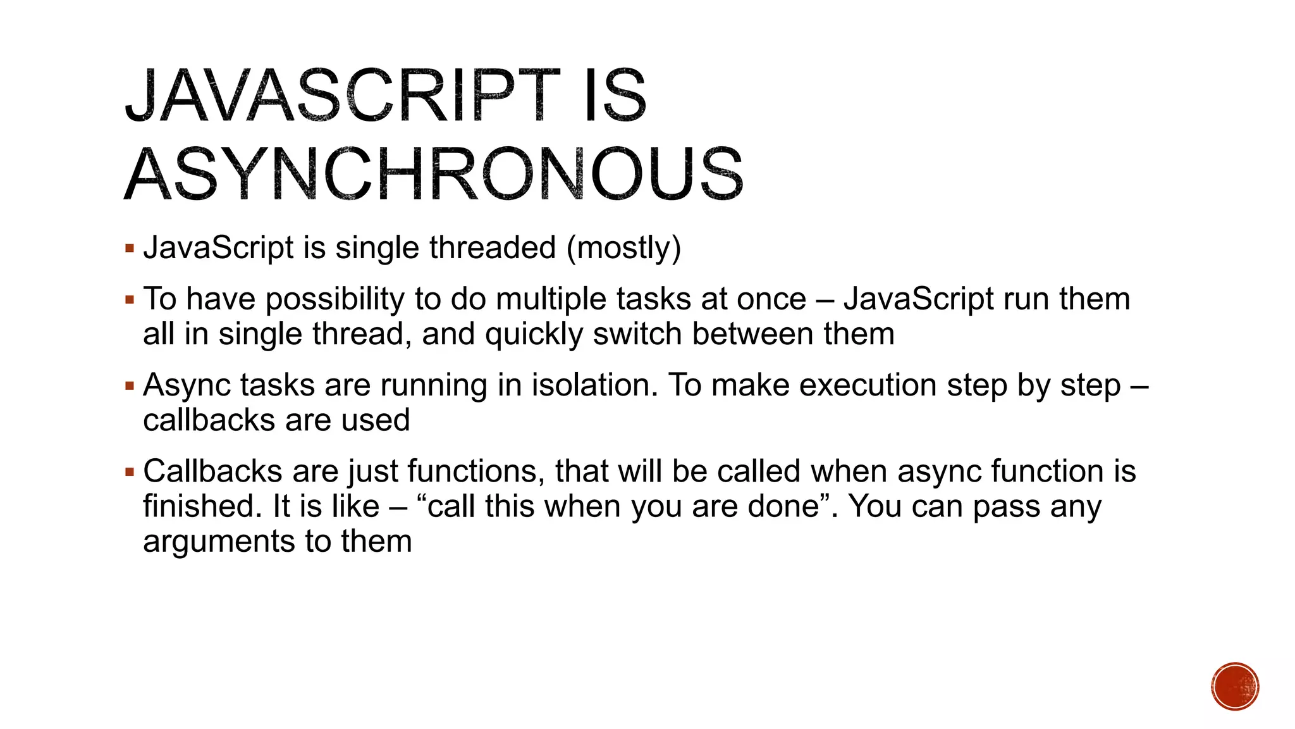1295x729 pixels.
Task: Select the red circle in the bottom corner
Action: point(1235,687)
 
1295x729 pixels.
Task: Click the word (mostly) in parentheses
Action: point(623,247)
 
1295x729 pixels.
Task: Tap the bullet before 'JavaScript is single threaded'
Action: point(130,248)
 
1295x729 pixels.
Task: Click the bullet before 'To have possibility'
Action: point(130,299)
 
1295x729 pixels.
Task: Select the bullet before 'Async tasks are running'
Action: point(130,385)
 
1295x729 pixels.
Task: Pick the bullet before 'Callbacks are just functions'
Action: point(130,471)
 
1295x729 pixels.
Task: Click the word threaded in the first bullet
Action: point(492,247)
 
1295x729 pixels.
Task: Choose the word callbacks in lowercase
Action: point(207,420)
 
